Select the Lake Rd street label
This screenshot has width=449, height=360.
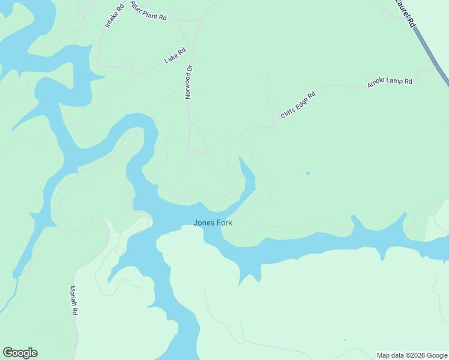coord(175,56)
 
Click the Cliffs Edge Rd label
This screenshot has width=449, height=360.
coord(298,105)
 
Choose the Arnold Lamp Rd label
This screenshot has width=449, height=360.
coord(390,83)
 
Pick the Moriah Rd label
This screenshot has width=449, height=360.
coord(74,301)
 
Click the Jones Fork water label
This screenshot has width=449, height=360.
coord(212,223)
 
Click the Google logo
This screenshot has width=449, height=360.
coord(20,353)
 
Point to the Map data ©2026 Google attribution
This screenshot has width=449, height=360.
coord(412,355)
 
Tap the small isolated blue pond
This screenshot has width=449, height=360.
coord(308,173)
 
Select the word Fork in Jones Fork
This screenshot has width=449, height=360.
coord(223,223)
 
